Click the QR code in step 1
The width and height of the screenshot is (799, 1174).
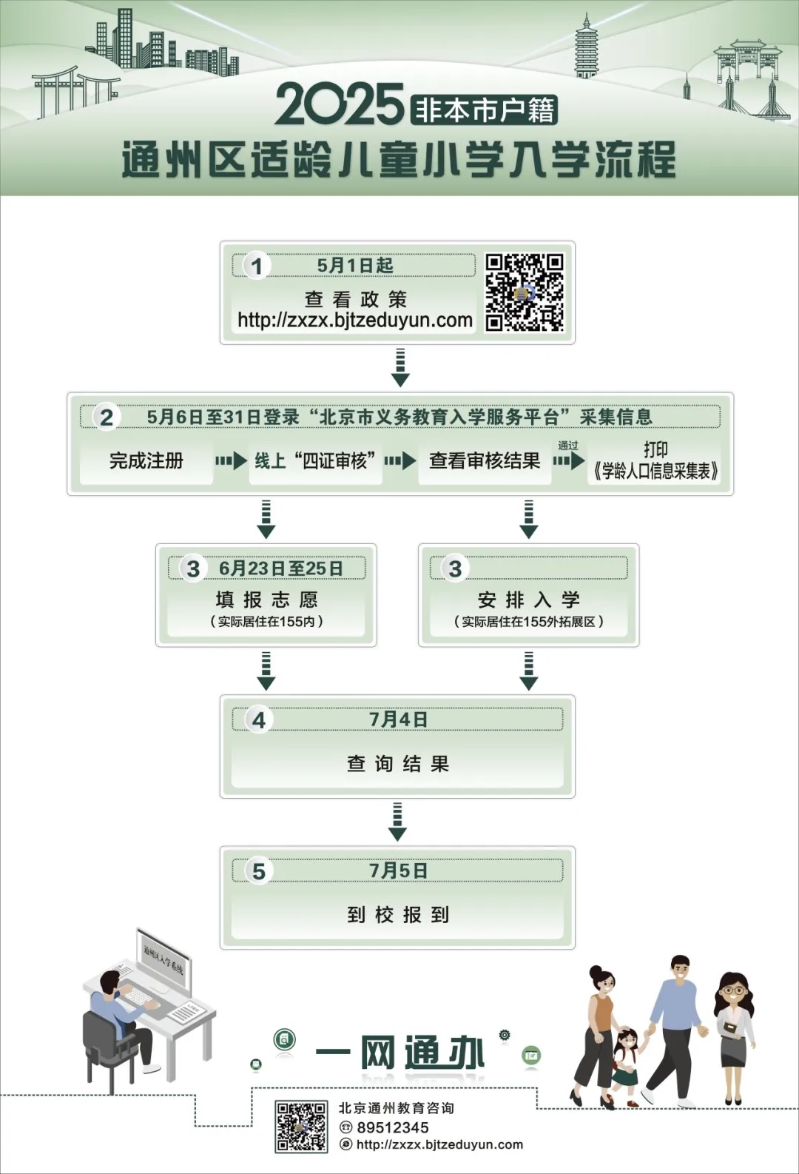click(x=525, y=292)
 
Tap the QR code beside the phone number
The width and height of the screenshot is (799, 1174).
click(x=301, y=1126)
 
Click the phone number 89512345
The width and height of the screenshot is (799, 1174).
click(x=392, y=1127)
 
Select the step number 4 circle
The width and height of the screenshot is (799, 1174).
click(x=258, y=720)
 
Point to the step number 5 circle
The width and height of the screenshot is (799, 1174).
click(x=258, y=871)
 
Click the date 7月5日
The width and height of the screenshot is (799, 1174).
click(x=398, y=871)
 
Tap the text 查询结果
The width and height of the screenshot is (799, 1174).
click(x=398, y=764)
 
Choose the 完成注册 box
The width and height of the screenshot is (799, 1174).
click(x=146, y=461)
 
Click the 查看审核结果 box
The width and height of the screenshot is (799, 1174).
click(x=485, y=461)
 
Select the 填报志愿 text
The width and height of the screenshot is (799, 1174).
click(x=266, y=600)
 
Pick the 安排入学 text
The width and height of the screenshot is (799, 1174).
click(x=528, y=600)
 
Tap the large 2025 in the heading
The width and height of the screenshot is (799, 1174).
click(x=340, y=105)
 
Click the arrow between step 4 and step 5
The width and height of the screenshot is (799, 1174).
click(x=398, y=822)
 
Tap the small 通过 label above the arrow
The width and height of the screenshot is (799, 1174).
click(x=568, y=445)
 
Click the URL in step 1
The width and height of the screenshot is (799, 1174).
click(x=355, y=321)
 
